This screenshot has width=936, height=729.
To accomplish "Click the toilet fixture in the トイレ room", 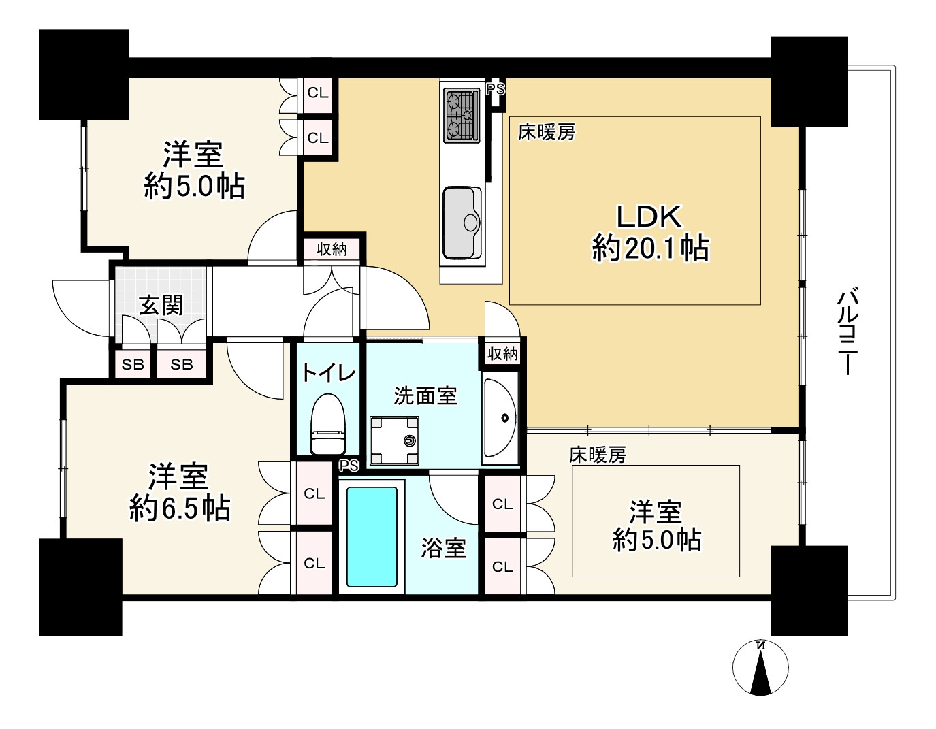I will pyautogui.click(x=328, y=425).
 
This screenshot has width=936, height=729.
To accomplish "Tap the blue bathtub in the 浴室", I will pyautogui.click(x=372, y=536).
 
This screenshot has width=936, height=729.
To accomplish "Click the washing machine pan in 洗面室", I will pyautogui.click(x=394, y=440).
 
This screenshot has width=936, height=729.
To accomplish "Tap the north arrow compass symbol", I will pyautogui.click(x=760, y=668).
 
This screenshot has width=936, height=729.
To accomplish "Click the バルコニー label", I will pyautogui.click(x=848, y=331).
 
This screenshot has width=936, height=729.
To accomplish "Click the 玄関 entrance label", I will pyautogui.click(x=161, y=305).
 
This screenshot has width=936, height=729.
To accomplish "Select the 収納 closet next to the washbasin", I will pyautogui.click(x=502, y=353).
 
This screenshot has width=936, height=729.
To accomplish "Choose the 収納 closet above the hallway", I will pyautogui.click(x=332, y=249).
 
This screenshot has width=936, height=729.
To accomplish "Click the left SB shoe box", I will pyautogui.click(x=133, y=364).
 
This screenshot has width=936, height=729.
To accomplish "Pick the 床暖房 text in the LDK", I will pyautogui.click(x=546, y=132).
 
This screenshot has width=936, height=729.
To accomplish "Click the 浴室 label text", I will pyautogui.click(x=443, y=548).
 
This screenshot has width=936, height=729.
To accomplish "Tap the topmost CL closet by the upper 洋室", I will pyautogui.click(x=318, y=93).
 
